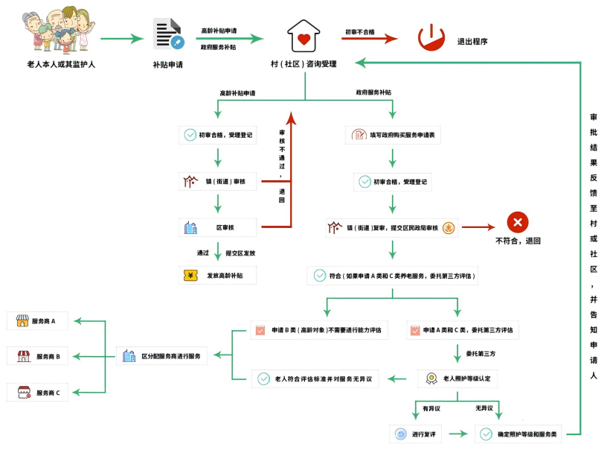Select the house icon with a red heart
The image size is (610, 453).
[x=304, y=36]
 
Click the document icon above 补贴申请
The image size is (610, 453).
[x=167, y=34]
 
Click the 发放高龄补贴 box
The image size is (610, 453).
[x=217, y=275]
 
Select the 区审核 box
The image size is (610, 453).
[x=217, y=227]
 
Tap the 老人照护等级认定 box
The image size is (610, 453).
[x=457, y=378]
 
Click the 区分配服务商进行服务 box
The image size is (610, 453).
[x=164, y=356]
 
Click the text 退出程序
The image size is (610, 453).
[x=472, y=42]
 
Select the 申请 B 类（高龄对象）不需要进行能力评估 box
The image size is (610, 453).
[x=319, y=329]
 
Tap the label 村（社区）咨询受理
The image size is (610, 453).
[x=304, y=64]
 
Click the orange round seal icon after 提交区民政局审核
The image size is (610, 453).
[x=449, y=227]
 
